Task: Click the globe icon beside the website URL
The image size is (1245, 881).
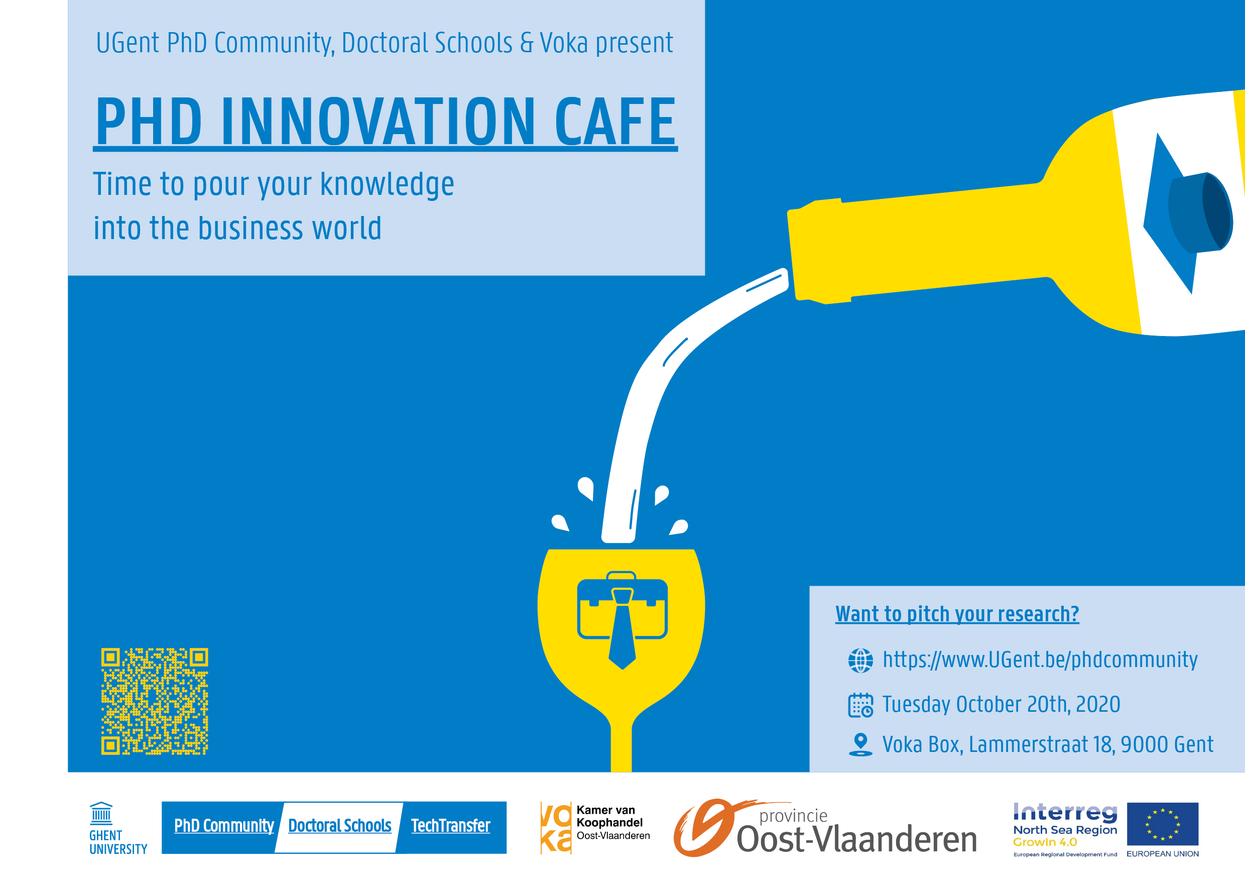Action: tap(860, 660)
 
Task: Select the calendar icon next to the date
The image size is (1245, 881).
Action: tap(860, 705)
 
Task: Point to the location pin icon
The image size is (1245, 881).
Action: tap(860, 744)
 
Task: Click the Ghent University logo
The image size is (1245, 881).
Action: tap(118, 828)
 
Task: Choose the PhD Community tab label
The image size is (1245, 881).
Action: tap(224, 826)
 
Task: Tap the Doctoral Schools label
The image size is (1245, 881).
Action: tap(340, 826)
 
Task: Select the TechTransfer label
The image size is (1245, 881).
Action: tap(451, 826)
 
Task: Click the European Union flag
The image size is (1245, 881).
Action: tap(1163, 824)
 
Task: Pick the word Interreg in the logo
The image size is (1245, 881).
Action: tap(1065, 812)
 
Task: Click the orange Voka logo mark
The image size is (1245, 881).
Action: tap(556, 828)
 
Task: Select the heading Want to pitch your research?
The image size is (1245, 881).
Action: tap(957, 614)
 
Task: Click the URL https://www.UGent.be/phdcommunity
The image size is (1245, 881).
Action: tap(1040, 659)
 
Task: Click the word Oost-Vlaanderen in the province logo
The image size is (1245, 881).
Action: tap(857, 839)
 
